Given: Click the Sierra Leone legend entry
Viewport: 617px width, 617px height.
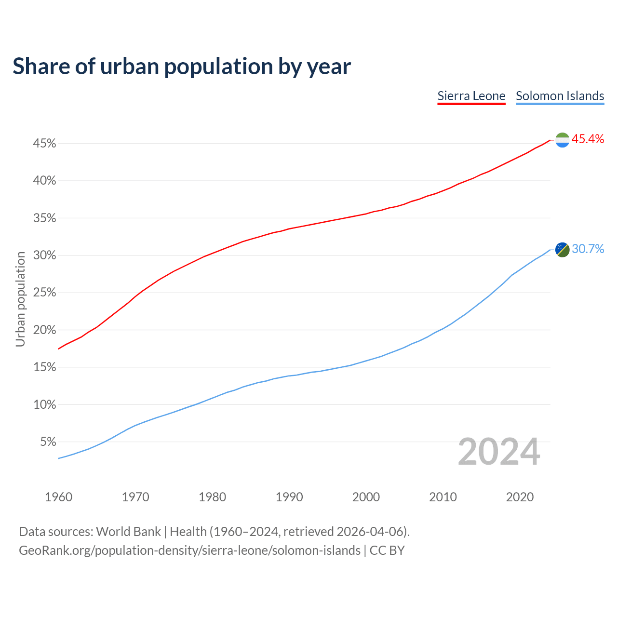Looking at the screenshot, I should (471, 96).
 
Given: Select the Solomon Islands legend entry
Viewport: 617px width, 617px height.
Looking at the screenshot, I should (560, 96).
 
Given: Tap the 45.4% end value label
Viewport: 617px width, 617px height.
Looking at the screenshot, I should (588, 139).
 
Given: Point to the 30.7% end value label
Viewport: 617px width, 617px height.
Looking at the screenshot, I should (588, 249).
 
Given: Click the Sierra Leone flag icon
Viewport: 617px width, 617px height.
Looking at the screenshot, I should (562, 140).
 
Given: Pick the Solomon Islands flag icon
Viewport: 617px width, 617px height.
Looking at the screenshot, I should (562, 249).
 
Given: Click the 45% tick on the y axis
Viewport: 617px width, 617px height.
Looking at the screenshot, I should (44, 144).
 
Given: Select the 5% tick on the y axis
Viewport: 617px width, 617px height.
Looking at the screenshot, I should (47, 442).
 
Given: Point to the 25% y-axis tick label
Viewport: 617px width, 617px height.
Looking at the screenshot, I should (44, 293).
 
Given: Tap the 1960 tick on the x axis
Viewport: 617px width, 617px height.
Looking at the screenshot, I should (58, 497).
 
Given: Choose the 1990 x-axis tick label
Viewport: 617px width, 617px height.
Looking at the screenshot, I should (289, 497).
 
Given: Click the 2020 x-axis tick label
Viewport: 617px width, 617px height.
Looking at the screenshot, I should (520, 497).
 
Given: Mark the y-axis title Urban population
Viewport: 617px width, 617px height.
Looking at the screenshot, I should (20, 299).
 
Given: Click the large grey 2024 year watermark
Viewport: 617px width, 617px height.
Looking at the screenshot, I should (498, 452).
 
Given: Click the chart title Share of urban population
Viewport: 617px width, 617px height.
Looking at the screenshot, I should (181, 66).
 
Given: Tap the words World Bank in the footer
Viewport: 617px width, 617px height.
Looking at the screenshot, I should (128, 532).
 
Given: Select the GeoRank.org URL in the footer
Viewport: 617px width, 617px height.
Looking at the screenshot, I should (189, 550).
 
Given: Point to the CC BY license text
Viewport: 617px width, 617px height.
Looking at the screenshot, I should (387, 550).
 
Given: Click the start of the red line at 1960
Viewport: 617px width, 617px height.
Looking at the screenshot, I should (58, 349).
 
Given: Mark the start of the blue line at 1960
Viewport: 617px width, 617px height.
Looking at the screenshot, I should (58, 458).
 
